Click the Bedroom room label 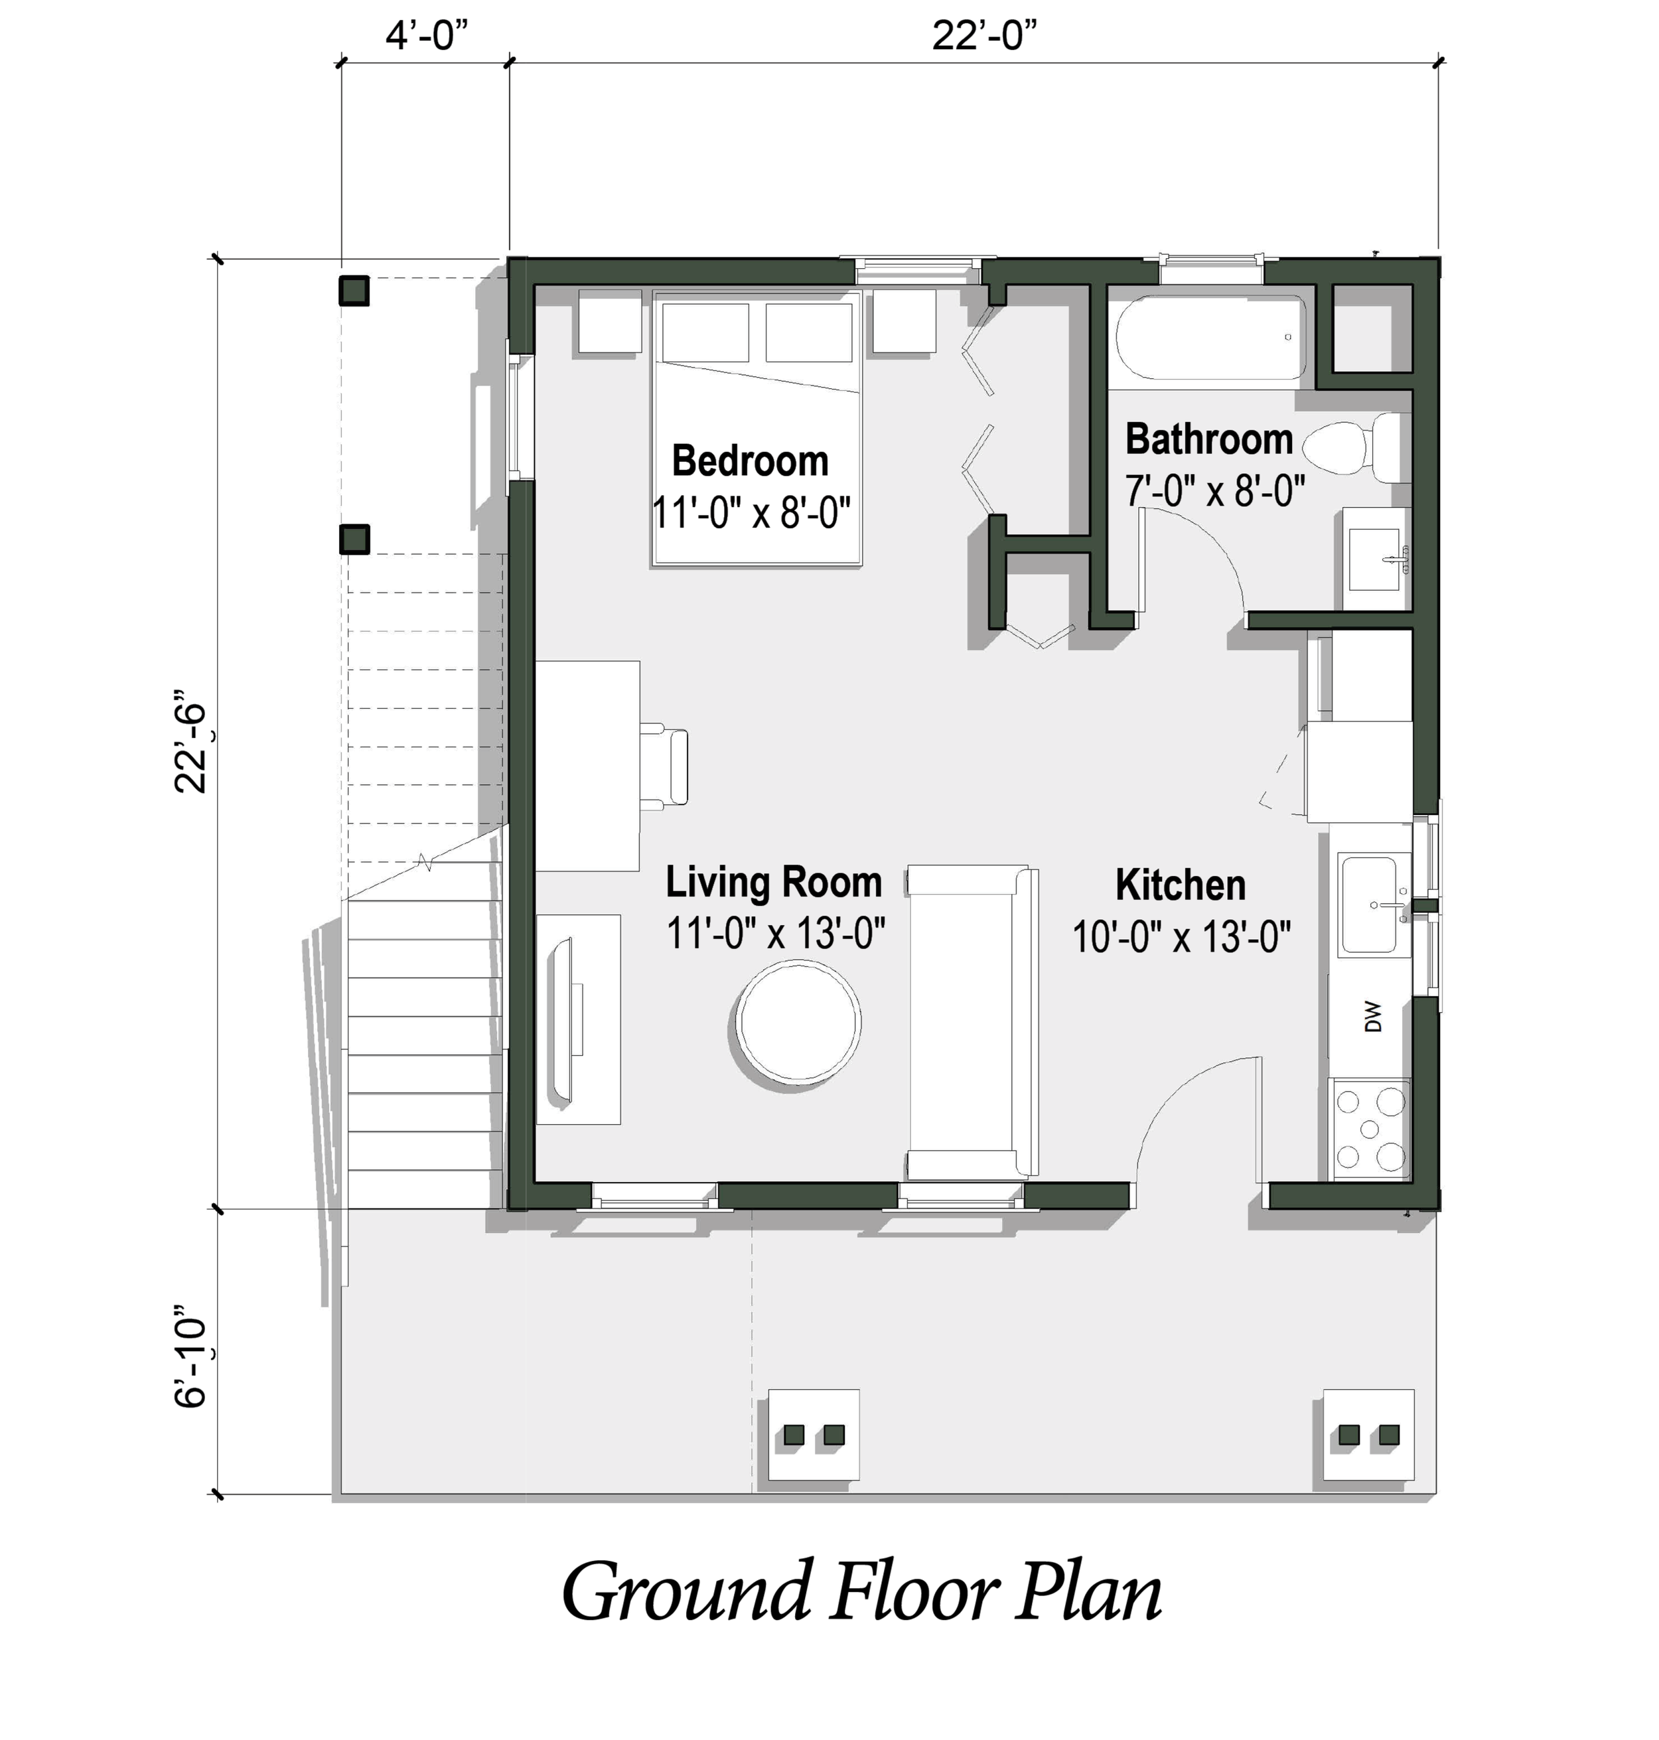pos(750,461)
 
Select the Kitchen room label pos(1180,885)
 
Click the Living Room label pos(774,883)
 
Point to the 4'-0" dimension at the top pos(425,36)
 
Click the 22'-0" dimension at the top pos(983,36)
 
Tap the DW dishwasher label pos(1372,1017)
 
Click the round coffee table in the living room pos(800,1023)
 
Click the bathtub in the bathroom pos(1210,338)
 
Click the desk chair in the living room pos(666,766)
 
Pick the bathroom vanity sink pos(1374,559)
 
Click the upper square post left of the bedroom pos(354,290)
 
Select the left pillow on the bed pos(705,332)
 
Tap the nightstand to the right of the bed pos(904,321)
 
